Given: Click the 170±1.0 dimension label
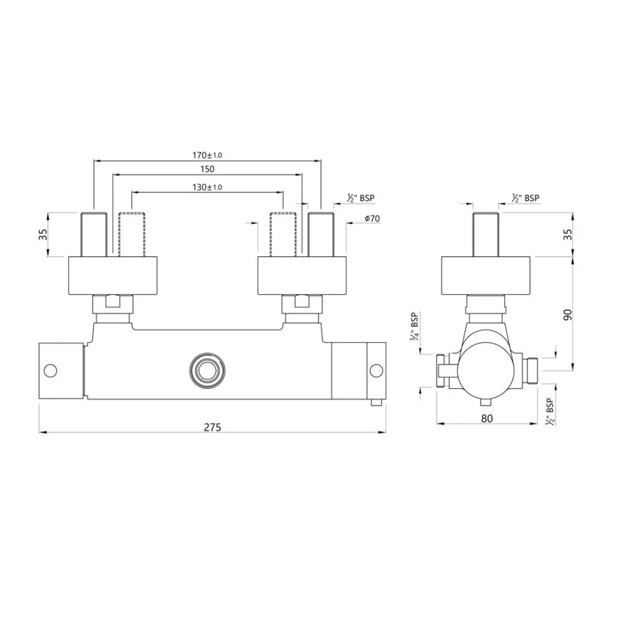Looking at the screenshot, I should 207,155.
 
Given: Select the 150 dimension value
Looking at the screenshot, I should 207,169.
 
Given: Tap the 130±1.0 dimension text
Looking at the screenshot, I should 207,187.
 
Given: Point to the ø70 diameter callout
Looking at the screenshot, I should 372,219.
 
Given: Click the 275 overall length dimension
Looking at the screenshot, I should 213,427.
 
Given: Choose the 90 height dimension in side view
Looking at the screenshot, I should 568,314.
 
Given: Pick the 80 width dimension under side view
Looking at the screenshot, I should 487,419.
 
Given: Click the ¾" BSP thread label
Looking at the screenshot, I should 414,327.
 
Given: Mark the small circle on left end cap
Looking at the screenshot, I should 51,370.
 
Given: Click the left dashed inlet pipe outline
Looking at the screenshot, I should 132,234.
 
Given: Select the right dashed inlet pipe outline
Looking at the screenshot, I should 283,234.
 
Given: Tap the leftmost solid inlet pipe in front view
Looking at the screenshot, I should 94,234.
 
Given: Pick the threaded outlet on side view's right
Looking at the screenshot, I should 532,370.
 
